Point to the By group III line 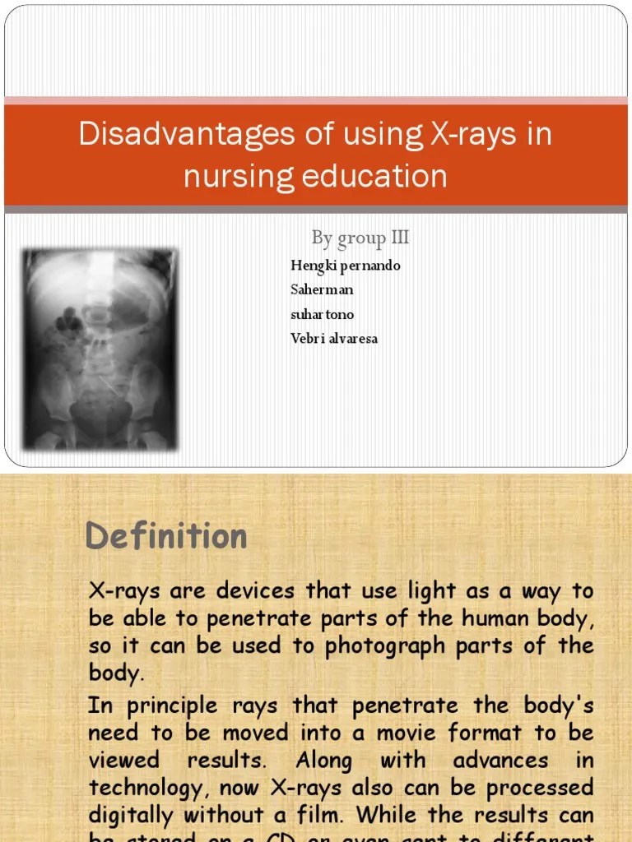pyautogui.click(x=360, y=238)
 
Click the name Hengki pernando pyautogui.click(x=346, y=266)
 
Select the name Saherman pyautogui.click(x=322, y=289)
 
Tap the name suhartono pyautogui.click(x=323, y=314)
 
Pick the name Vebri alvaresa pyautogui.click(x=334, y=338)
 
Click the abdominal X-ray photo pyautogui.click(x=100, y=349)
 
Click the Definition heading pyautogui.click(x=166, y=536)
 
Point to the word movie pyautogui.click(x=409, y=733)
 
